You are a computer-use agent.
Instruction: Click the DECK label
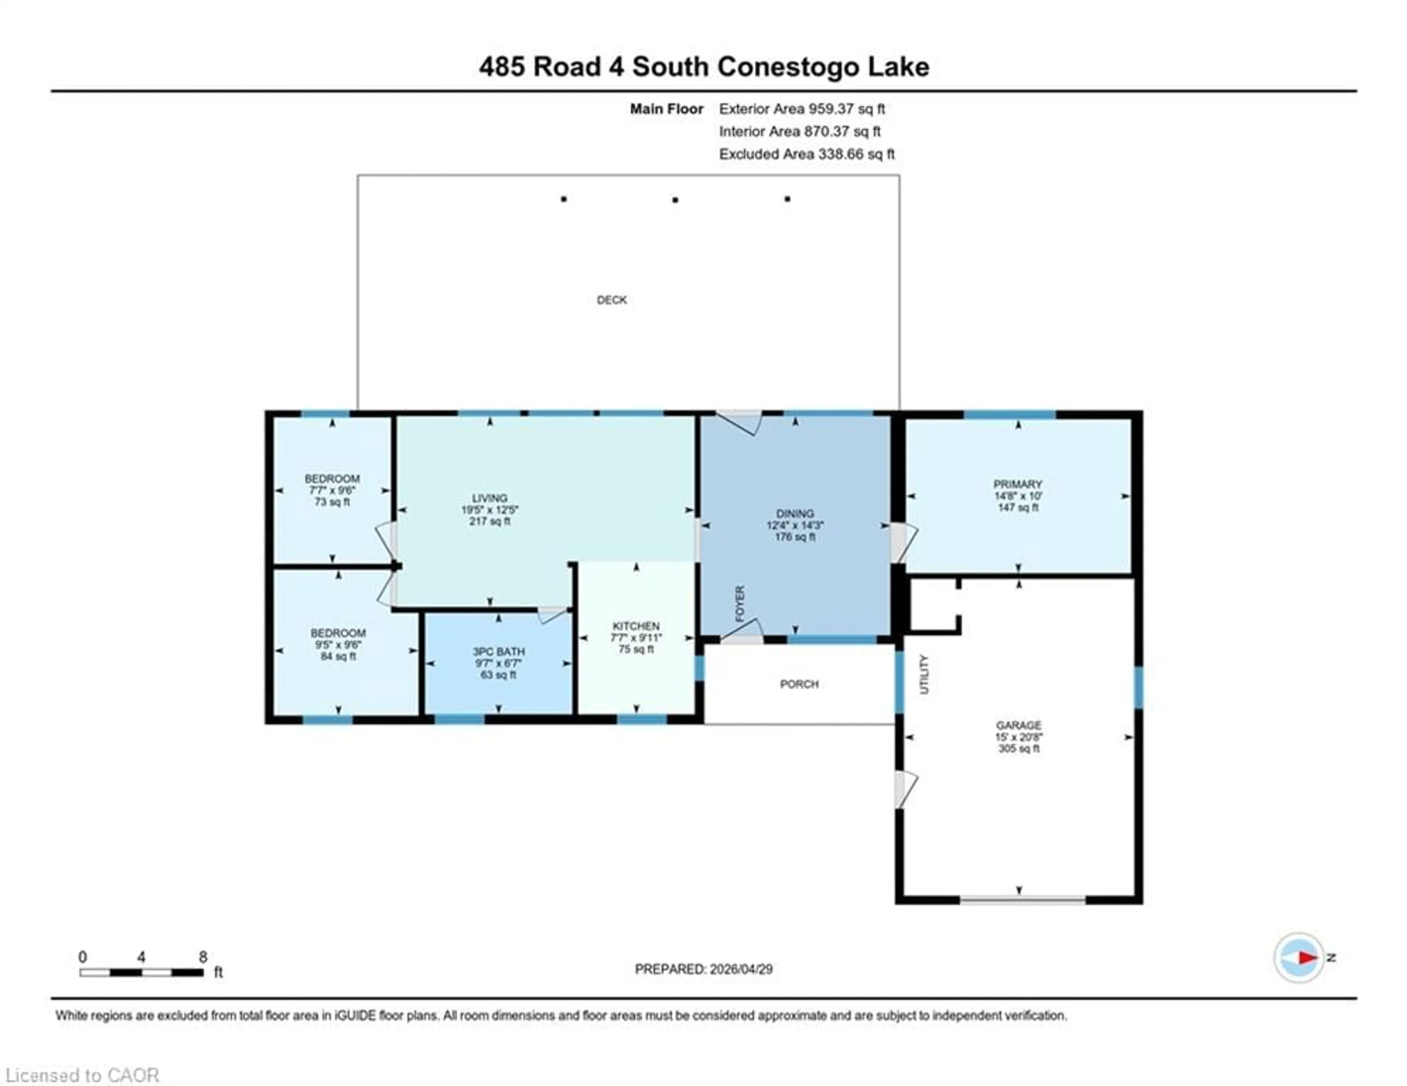612,299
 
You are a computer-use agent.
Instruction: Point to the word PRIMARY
1017,484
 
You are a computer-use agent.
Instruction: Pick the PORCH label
799,684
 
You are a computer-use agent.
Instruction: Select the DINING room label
795,513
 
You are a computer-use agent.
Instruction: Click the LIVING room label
490,498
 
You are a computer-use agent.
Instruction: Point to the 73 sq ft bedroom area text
332,502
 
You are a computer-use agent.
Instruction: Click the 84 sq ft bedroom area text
338,656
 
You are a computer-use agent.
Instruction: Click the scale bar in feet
142,972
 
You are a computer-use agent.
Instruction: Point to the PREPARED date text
703,969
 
